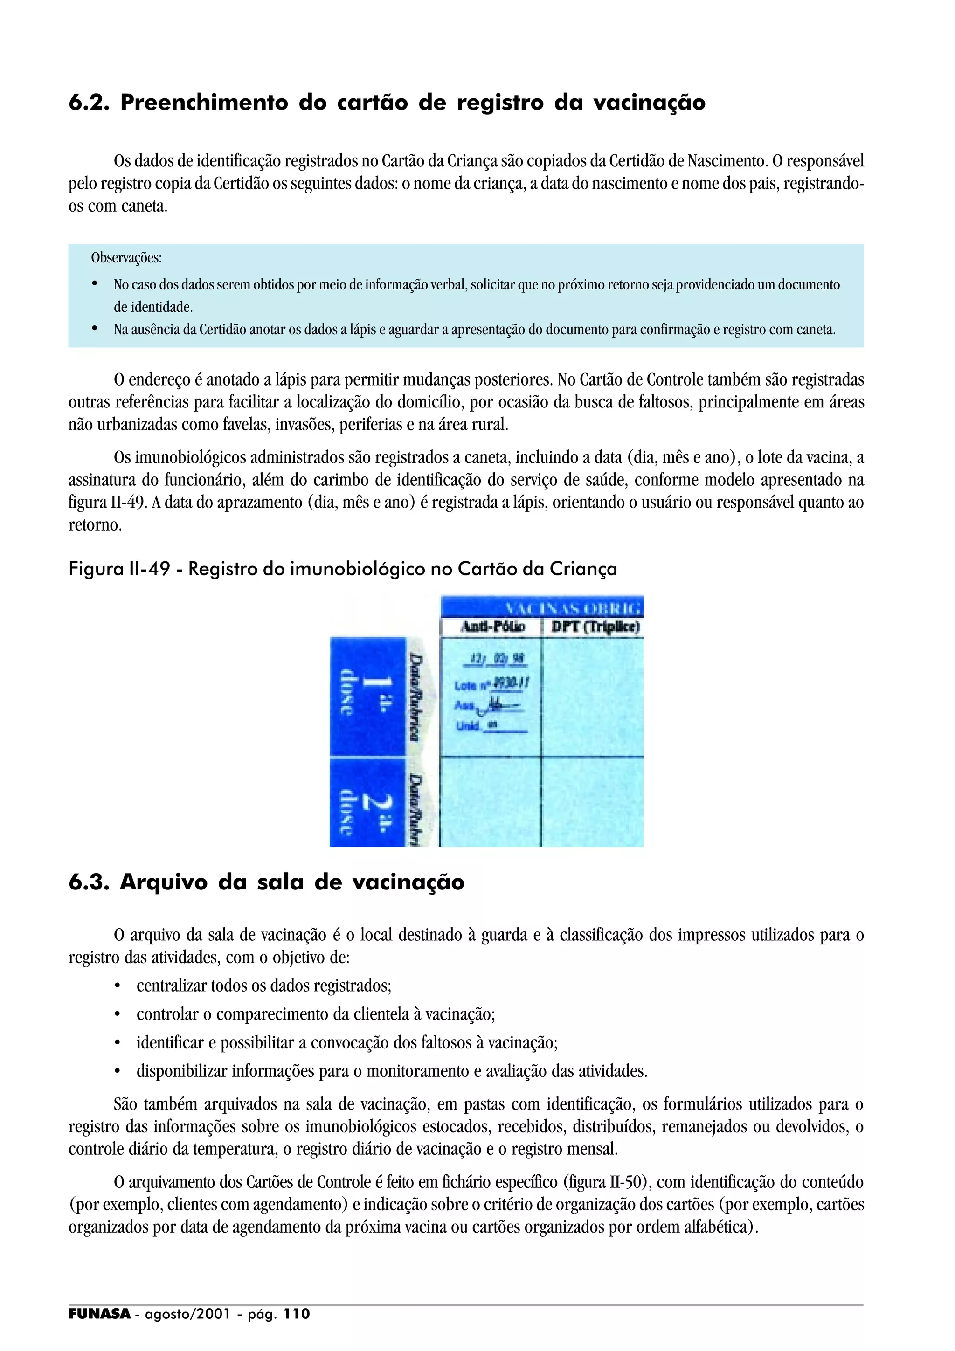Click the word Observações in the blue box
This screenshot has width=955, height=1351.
pos(126,258)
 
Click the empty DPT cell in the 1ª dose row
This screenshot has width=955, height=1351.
pos(592,697)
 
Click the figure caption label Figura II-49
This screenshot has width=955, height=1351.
pos(119,569)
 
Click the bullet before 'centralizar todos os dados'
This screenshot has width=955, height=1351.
pos(118,986)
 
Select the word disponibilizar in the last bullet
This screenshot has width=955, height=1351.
pos(181,1071)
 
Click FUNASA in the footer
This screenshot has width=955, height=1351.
pos(99,1314)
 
